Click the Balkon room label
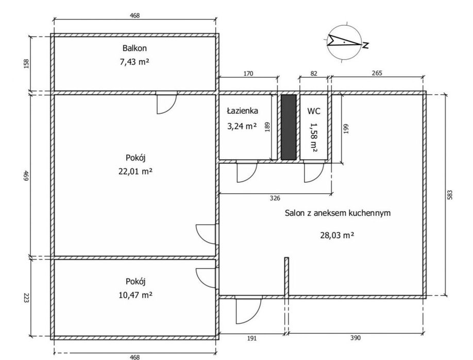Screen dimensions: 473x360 coord(134,48)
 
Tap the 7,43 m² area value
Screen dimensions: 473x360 coord(134,62)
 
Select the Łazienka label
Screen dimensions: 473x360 coord(243,111)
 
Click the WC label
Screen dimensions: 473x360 coord(314,111)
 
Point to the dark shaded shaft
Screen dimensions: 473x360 coord(289,127)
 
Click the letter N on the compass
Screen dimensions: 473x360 coord(366,45)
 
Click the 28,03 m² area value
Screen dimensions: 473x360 coord(337,235)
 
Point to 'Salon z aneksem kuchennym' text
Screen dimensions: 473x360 coord(337,213)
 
